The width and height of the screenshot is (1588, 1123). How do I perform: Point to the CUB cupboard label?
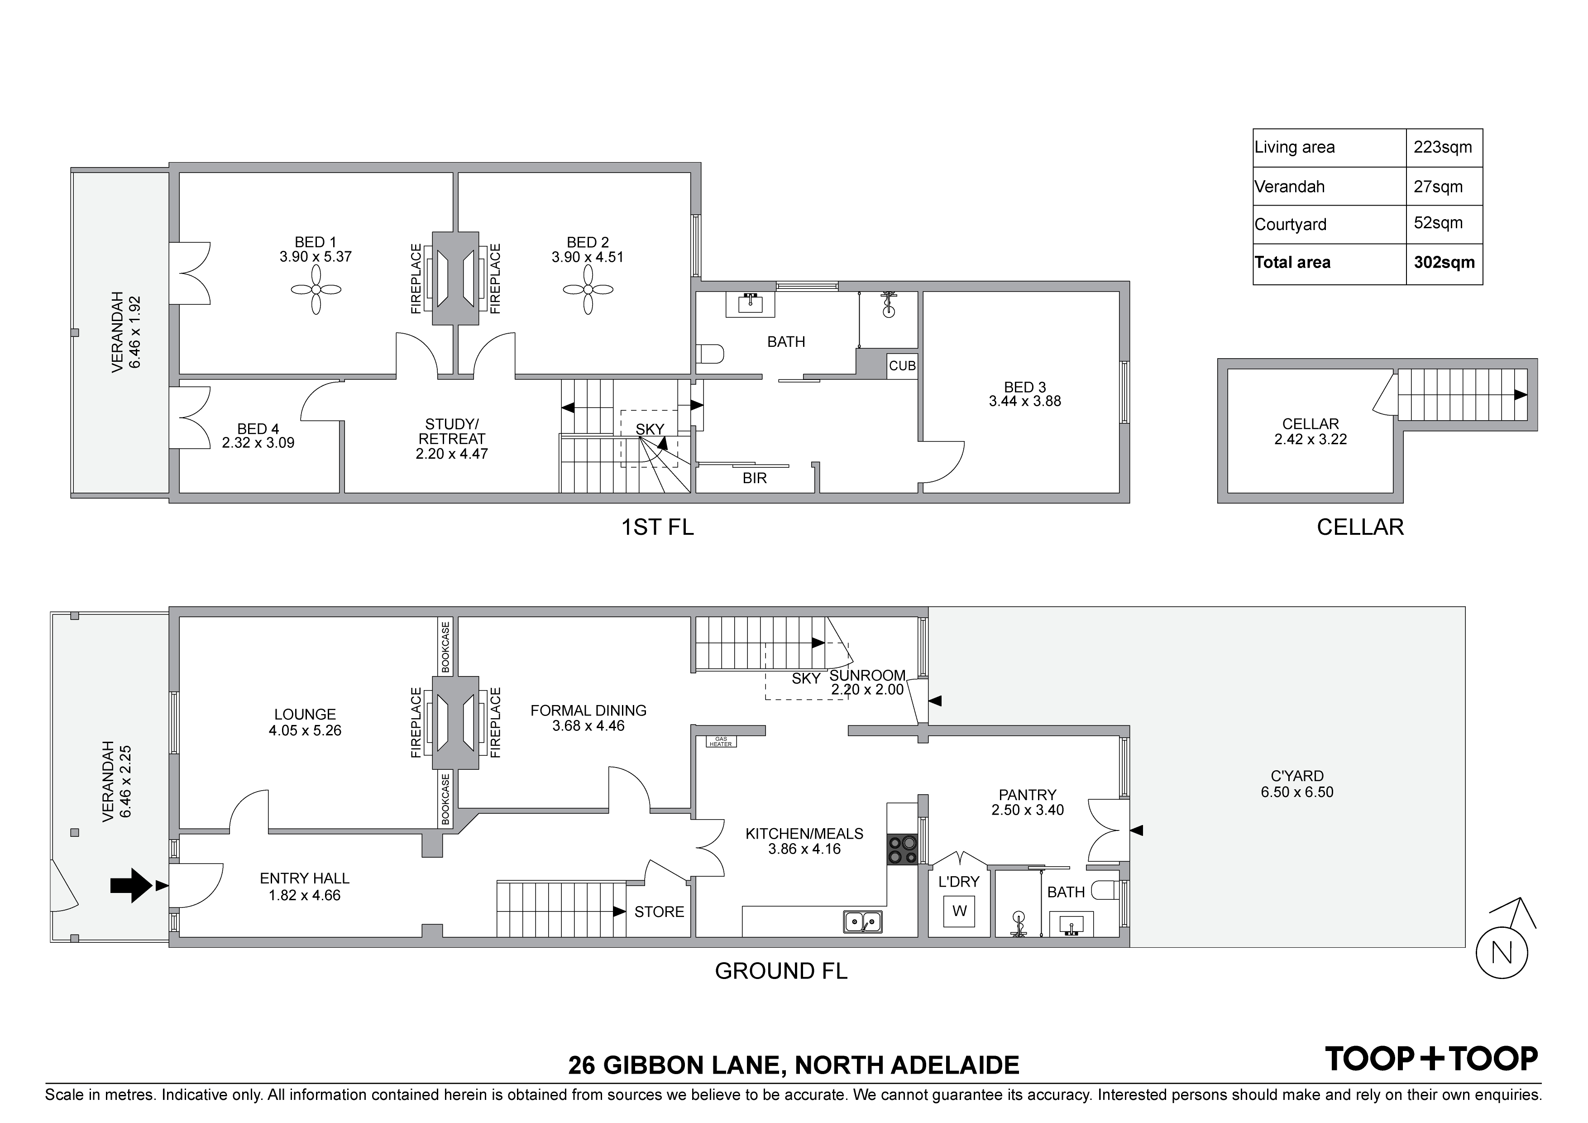pyautogui.click(x=902, y=366)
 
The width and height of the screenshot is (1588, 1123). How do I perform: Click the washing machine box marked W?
pyautogui.click(x=959, y=911)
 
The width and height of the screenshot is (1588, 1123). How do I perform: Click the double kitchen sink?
pyautogui.click(x=862, y=921)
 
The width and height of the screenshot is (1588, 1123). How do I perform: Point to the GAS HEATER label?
pyautogui.click(x=720, y=742)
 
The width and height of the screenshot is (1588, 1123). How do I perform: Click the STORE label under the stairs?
pyautogui.click(x=659, y=912)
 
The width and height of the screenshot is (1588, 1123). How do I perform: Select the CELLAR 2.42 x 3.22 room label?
pyautogui.click(x=1310, y=432)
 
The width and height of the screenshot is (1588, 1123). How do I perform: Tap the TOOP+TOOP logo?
pyautogui.click(x=1430, y=1059)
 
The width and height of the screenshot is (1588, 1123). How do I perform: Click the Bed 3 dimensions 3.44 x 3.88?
pyautogui.click(x=1024, y=401)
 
